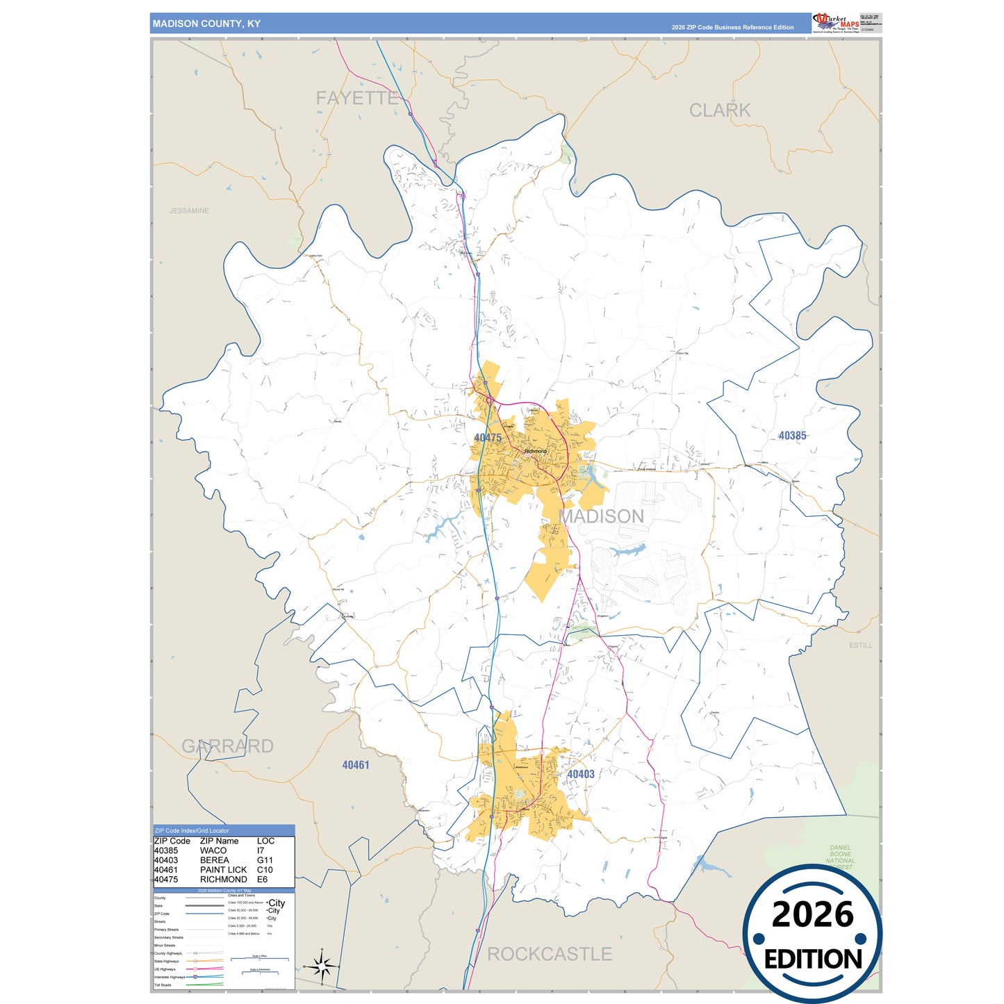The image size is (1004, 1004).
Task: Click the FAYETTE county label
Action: (x=357, y=98)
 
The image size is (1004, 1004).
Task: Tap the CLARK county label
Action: (x=720, y=110)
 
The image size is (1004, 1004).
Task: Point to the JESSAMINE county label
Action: (x=189, y=211)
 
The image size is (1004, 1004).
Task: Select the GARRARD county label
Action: (x=227, y=746)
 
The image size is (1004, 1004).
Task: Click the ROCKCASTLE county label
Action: (x=550, y=954)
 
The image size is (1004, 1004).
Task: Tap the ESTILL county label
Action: (x=860, y=645)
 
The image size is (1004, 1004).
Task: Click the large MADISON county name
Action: (x=602, y=516)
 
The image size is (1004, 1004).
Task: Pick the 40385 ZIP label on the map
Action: (x=792, y=436)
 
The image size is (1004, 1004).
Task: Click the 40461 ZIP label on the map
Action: (x=356, y=765)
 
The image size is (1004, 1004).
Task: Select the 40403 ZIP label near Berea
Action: (x=581, y=774)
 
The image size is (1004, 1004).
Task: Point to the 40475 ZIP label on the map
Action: (x=488, y=438)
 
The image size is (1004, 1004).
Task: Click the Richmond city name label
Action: (x=535, y=452)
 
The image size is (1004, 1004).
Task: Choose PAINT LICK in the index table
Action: (x=223, y=870)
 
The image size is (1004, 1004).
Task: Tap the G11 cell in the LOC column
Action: (x=265, y=860)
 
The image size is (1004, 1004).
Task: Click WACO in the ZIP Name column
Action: (x=213, y=850)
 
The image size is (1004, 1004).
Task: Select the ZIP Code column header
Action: (x=172, y=841)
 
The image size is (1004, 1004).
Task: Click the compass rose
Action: (x=322, y=966)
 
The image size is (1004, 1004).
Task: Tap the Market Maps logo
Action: (x=836, y=22)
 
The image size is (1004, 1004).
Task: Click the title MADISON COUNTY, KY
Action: (x=206, y=24)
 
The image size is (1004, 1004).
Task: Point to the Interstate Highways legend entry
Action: (x=170, y=977)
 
